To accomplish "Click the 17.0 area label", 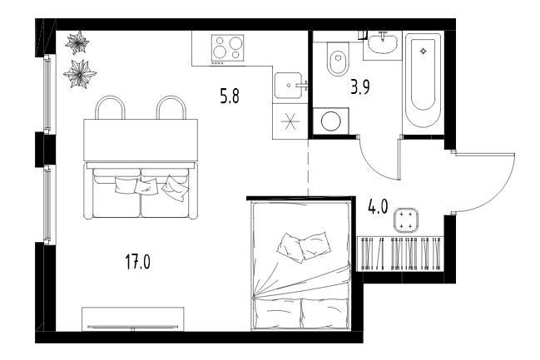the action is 138,262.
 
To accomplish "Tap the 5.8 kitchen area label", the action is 230,96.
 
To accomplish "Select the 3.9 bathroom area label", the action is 360,87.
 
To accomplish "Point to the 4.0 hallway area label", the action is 378,207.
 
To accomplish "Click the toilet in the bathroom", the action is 338,59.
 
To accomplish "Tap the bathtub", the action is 423,81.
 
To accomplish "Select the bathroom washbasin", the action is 382,44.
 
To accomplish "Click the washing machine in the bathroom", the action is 331,121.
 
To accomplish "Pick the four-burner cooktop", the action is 227,48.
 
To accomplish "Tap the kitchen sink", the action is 288,86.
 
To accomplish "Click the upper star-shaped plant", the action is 77,42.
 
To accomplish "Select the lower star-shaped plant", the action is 80,74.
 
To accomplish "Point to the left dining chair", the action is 110,107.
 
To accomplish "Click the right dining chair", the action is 171,107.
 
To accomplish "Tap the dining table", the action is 141,140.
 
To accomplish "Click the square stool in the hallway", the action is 406,220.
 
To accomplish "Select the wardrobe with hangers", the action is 400,254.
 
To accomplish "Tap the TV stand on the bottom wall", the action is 132,319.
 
